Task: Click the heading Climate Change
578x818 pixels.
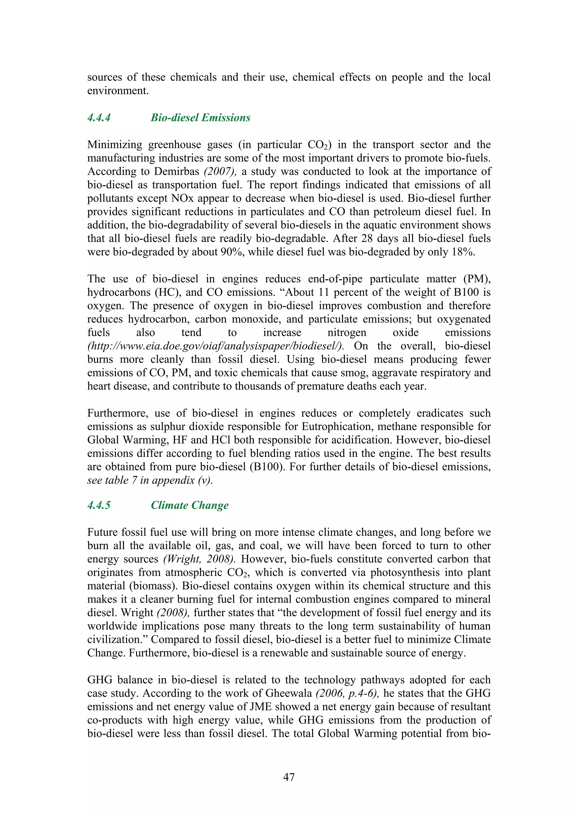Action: [x=189, y=505]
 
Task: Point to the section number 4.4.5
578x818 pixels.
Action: [x=99, y=505]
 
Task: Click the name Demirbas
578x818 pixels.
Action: [x=176, y=171]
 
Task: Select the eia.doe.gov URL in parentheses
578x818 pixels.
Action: [x=215, y=346]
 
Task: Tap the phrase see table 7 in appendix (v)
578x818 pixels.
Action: [x=150, y=480]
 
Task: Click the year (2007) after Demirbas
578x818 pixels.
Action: [x=220, y=171]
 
